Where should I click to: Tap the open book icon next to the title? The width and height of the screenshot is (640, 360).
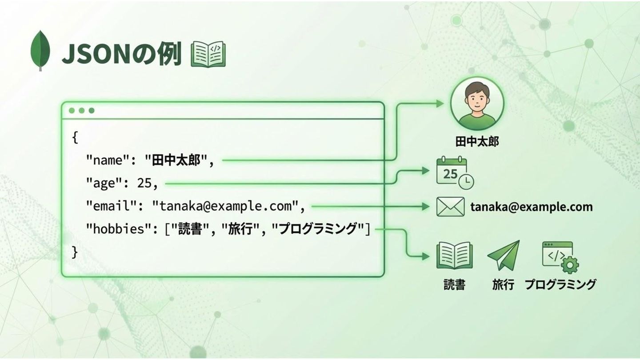tap(208, 55)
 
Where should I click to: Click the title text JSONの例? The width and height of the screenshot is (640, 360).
tap(121, 55)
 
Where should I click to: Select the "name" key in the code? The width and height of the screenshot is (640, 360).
tap(104, 160)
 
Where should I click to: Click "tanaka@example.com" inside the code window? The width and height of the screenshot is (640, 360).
tap(224, 206)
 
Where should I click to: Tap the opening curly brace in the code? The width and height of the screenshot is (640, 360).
tap(75, 137)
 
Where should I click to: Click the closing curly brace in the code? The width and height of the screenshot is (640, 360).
tap(75, 252)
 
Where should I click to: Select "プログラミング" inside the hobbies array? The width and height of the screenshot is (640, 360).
tap(318, 229)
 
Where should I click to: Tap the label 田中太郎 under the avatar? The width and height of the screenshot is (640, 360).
tap(477, 142)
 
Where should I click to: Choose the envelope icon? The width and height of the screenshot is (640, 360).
tap(450, 207)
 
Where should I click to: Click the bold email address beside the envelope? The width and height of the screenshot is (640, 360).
tap(532, 207)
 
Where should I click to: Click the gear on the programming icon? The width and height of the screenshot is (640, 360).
tap(569, 265)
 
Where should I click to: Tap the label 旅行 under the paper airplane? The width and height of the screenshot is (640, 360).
tap(503, 284)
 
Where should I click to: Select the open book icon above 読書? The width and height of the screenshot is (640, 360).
tap(454, 256)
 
